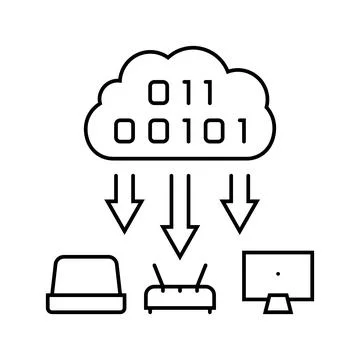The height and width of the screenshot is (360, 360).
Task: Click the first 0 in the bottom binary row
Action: coord(122,130)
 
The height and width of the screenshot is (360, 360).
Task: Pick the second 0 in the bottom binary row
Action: coord(151,130)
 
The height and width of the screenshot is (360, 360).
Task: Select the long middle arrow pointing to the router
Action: coord(180,215)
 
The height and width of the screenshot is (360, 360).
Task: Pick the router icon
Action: coord(179,292)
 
